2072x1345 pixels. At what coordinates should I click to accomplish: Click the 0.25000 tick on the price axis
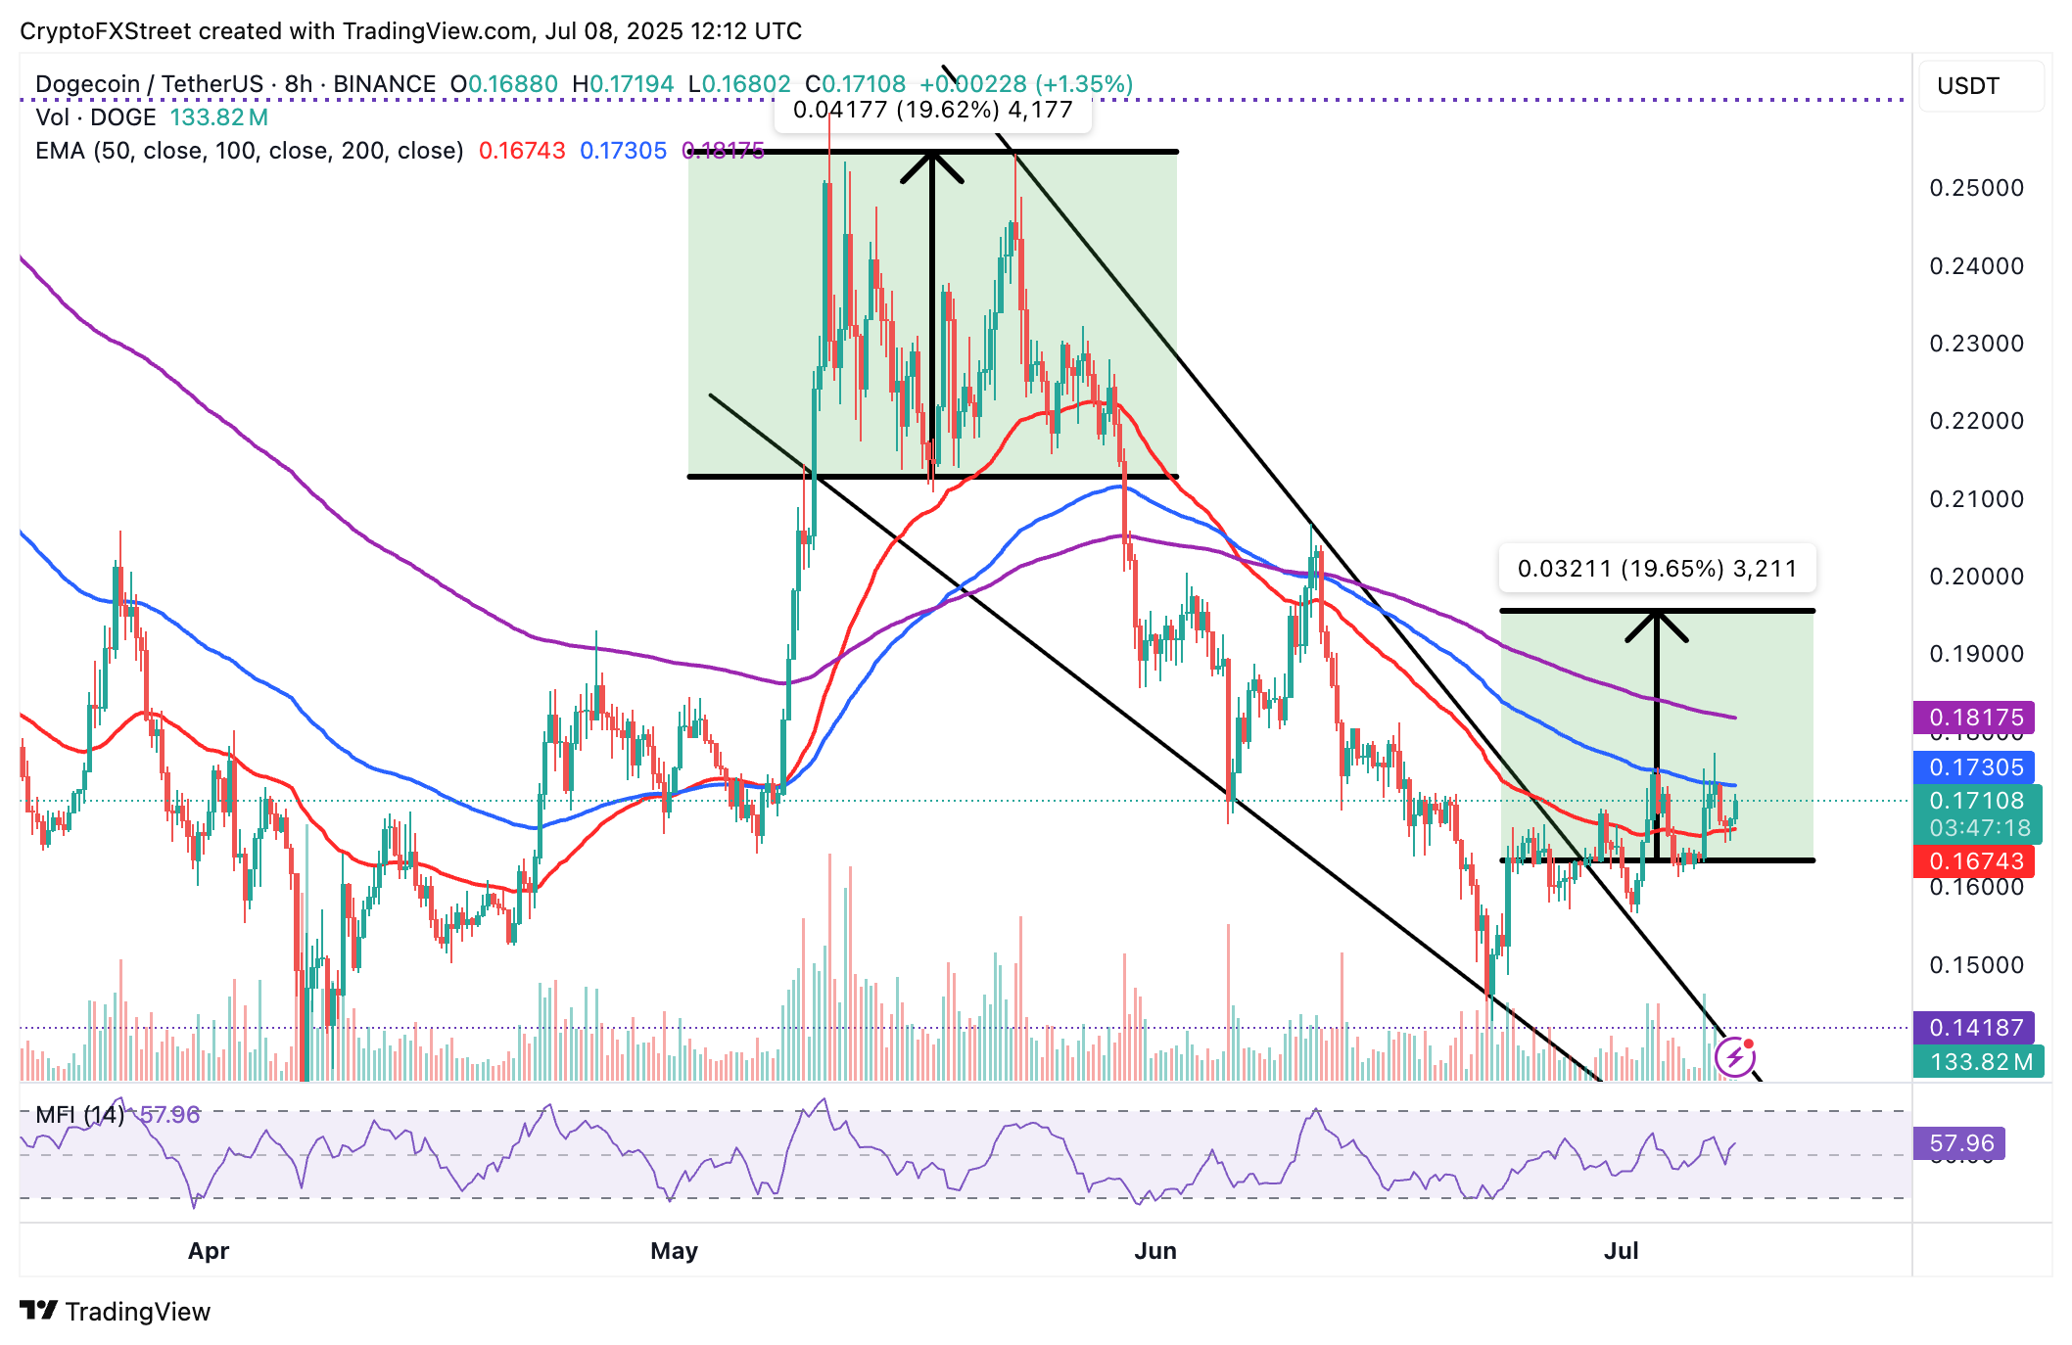tap(1976, 188)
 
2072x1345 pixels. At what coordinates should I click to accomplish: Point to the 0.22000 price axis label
tap(1976, 421)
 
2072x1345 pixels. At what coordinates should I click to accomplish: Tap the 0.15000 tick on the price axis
tap(1976, 965)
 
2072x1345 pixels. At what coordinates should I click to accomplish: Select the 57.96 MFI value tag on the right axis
tap(1959, 1143)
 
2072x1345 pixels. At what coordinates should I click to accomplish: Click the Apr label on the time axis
tap(209, 1251)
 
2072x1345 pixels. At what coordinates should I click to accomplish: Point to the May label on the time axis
tap(674, 1251)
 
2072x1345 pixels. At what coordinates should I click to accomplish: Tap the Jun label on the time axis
tap(1155, 1251)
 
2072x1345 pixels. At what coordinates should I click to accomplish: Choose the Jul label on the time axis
tap(1622, 1251)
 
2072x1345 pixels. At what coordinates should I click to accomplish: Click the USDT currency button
tap(1968, 86)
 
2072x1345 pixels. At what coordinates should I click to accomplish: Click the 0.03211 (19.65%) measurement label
tap(1657, 569)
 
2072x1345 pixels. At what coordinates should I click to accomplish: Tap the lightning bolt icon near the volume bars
tap(1735, 1057)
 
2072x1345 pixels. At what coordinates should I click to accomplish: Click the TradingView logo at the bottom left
tap(116, 1312)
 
